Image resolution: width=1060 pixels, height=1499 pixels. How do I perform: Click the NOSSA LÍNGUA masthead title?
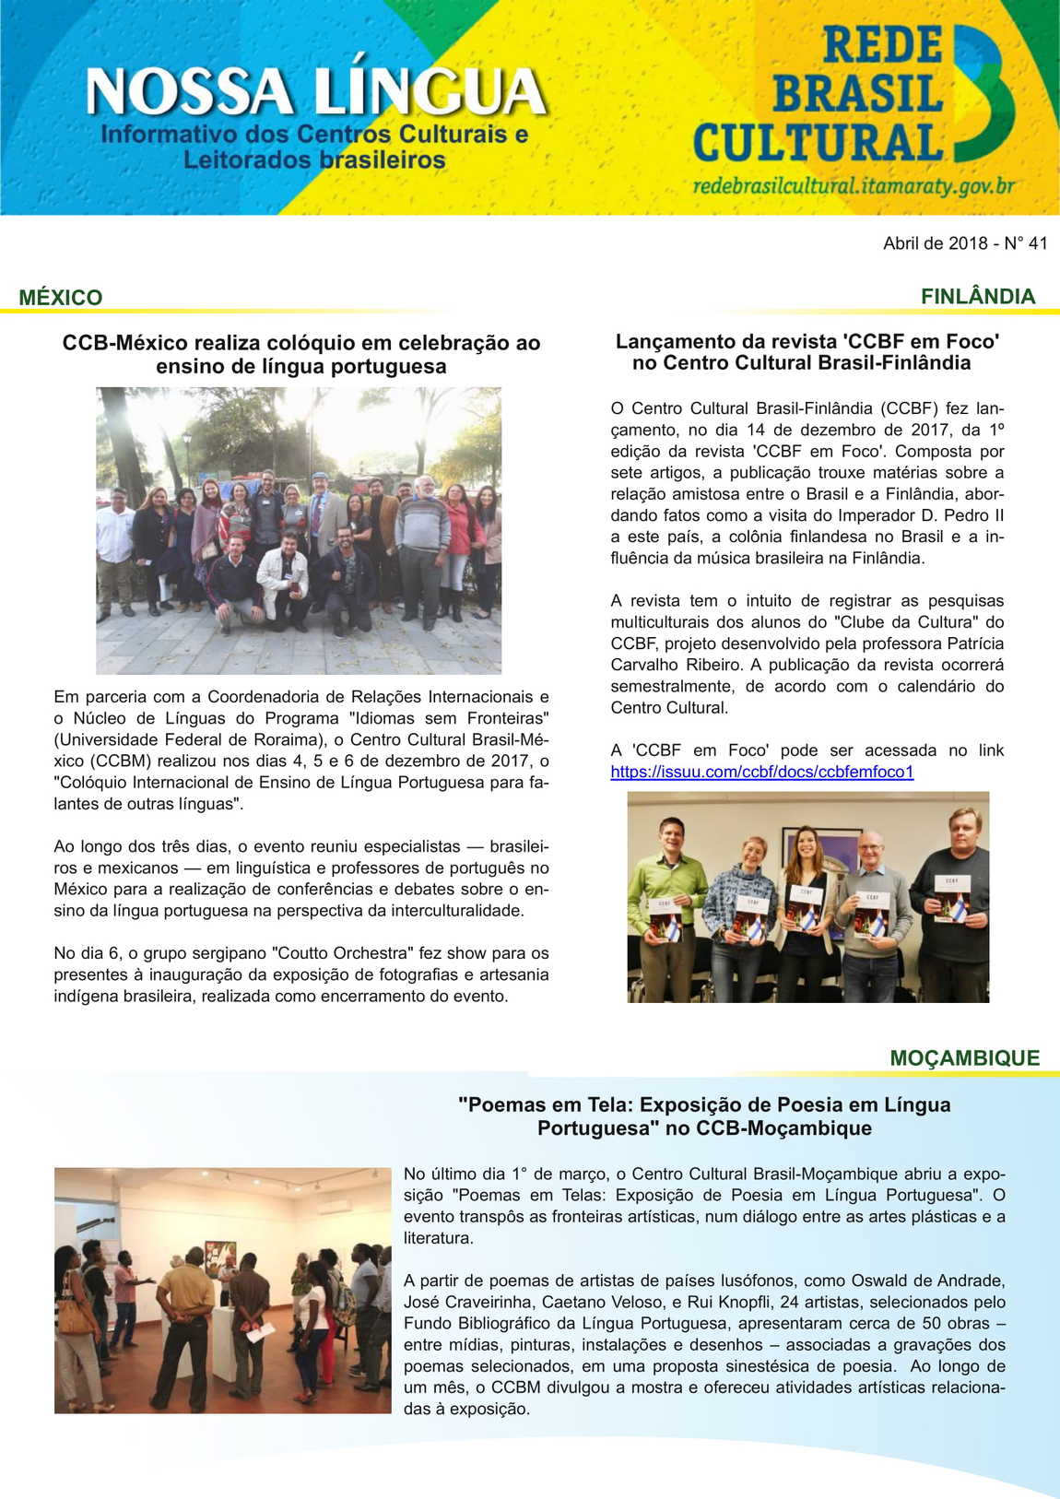point(315,92)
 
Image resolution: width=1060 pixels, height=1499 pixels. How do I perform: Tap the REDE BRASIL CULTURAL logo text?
point(818,95)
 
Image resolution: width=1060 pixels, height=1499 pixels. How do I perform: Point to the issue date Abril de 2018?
point(934,243)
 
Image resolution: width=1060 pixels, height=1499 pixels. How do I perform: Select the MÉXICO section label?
point(61,298)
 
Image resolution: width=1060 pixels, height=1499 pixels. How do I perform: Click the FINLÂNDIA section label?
point(977,296)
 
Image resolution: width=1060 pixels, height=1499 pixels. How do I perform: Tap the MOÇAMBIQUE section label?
point(964,1057)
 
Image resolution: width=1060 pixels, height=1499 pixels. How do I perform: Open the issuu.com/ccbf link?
point(762,772)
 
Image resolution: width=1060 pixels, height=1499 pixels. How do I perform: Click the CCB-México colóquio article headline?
point(301,354)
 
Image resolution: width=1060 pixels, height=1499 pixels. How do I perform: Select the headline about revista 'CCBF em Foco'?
point(807,352)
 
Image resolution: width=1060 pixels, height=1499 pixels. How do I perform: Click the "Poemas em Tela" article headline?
point(704,1115)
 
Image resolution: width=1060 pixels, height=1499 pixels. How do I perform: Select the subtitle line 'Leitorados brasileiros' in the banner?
point(314,160)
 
